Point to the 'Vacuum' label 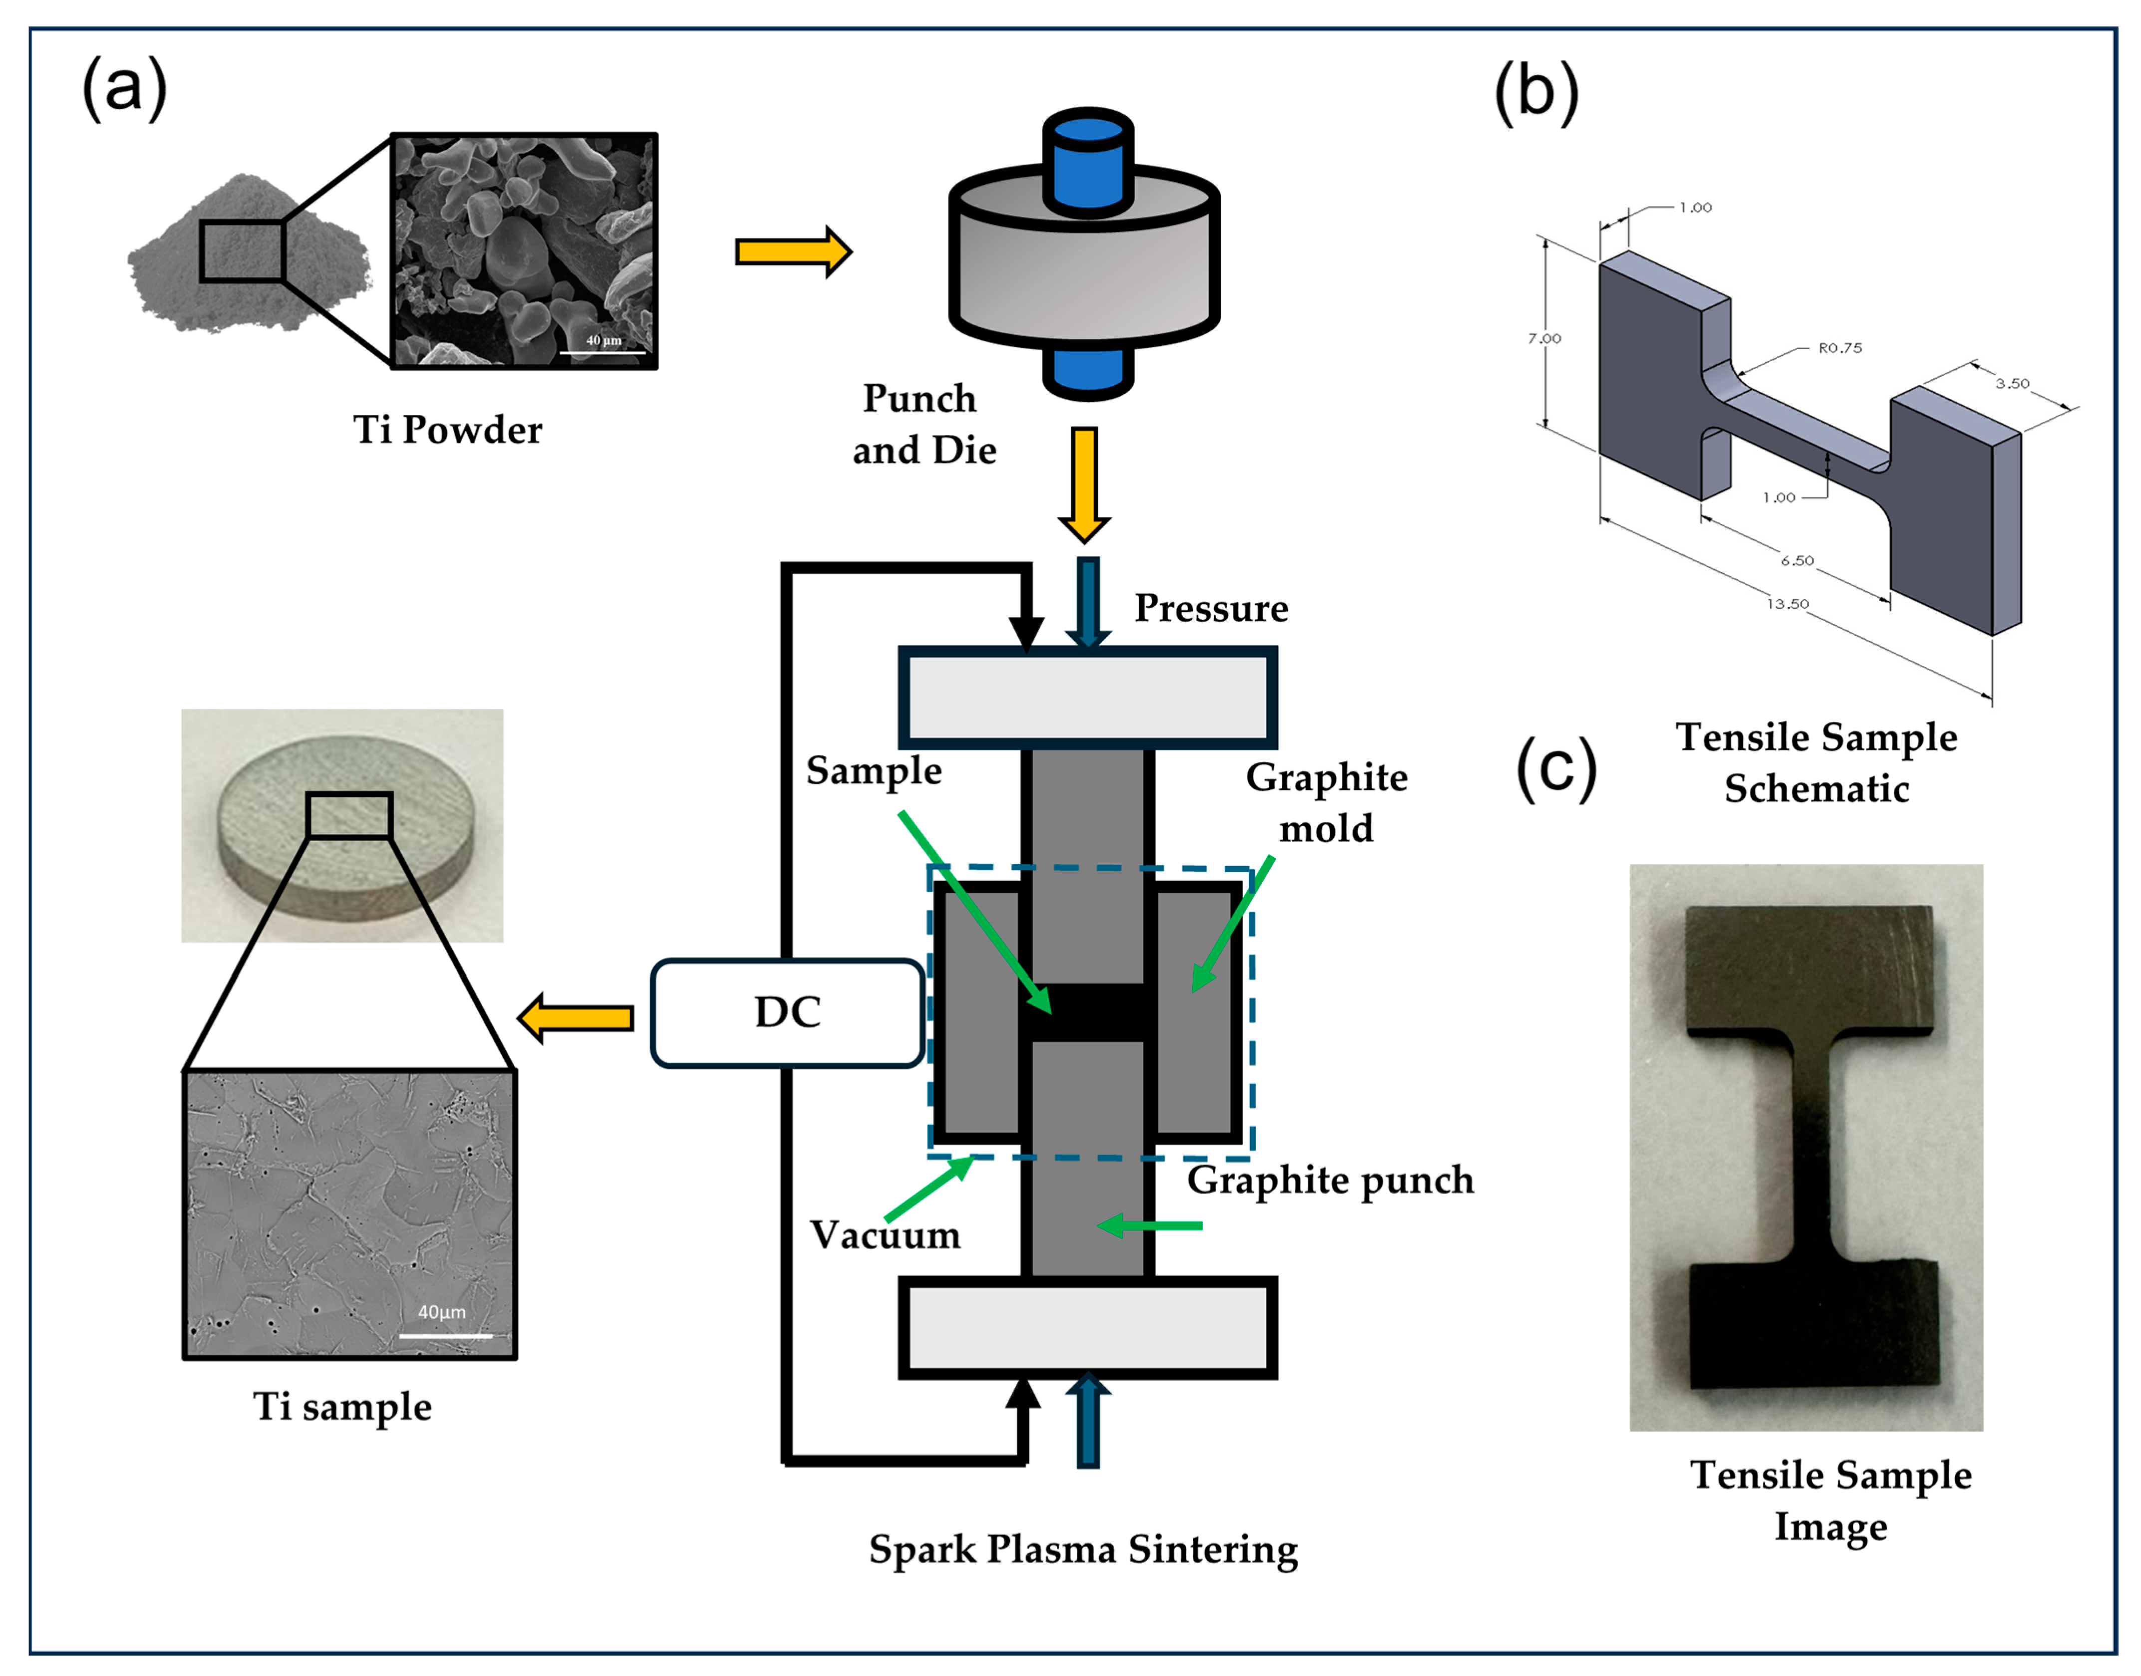885,1234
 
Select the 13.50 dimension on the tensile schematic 1787,603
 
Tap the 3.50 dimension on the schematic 2011,384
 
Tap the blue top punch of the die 1088,162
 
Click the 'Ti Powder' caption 448,430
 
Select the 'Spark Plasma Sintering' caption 1083,1548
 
